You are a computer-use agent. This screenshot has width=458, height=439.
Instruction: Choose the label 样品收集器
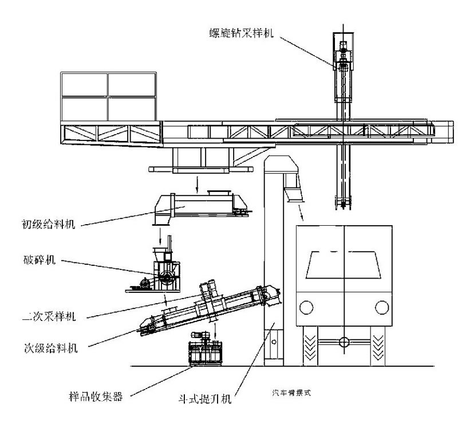pyautogui.click(x=95, y=395)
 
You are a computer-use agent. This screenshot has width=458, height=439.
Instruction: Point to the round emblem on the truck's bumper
pyautogui.click(x=343, y=342)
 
